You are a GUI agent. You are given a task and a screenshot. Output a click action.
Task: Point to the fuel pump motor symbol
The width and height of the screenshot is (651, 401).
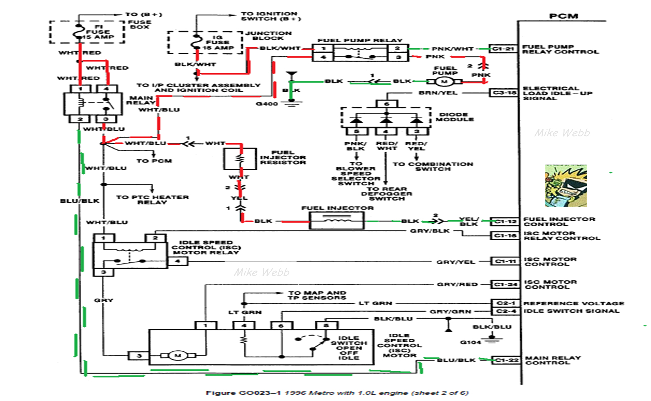(x=443, y=81)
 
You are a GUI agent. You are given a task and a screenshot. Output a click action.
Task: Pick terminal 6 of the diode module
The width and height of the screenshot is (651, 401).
(x=386, y=104)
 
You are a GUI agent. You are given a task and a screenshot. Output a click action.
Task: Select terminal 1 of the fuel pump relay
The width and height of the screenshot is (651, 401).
(x=323, y=49)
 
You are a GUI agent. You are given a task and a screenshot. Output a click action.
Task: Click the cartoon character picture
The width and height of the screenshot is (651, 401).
(x=566, y=185)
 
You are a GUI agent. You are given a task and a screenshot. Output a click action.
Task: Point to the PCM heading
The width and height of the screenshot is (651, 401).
(x=563, y=16)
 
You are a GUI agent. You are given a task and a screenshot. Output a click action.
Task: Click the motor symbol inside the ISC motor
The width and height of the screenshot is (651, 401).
(x=176, y=356)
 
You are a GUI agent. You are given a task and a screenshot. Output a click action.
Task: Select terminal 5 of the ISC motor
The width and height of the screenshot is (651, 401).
(x=327, y=325)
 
